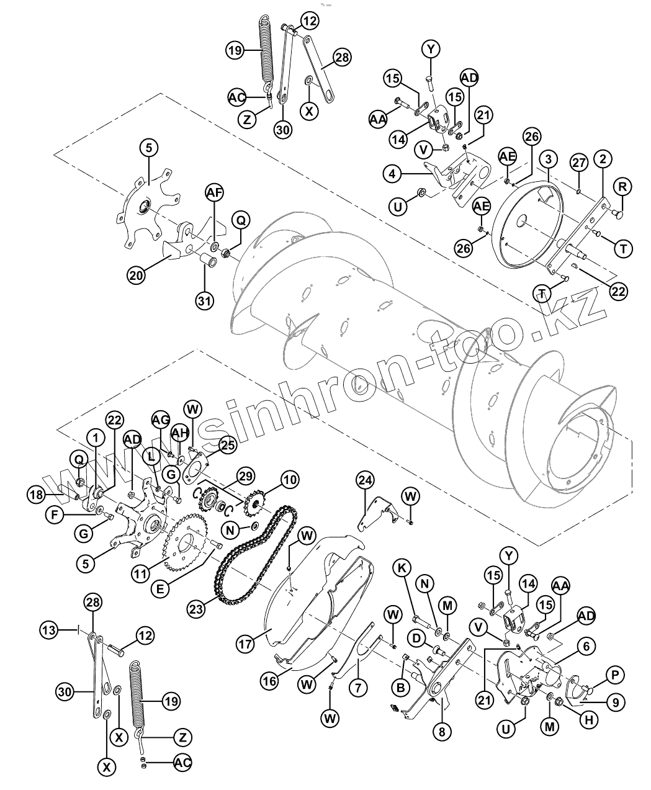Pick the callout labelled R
[622, 186]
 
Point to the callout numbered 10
[289, 480]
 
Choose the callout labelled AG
[160, 421]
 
